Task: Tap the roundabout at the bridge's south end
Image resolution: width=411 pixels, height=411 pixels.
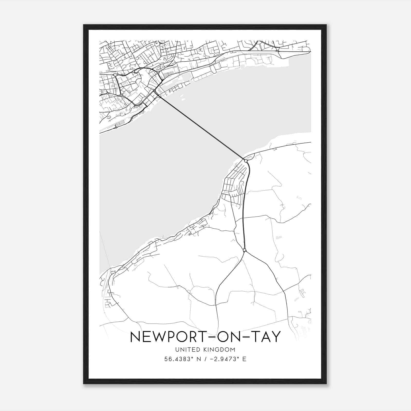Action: tap(246, 161)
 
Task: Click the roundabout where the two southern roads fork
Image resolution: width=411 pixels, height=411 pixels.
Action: tap(244, 250)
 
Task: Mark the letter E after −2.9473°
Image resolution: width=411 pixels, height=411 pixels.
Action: tap(244, 359)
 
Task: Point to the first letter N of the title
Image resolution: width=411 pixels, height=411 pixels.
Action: tap(135, 337)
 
